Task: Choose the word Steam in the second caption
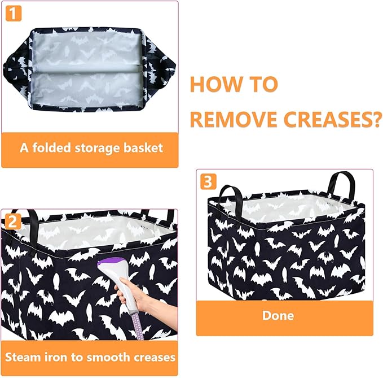coord(23,357)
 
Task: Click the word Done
coord(279,315)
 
